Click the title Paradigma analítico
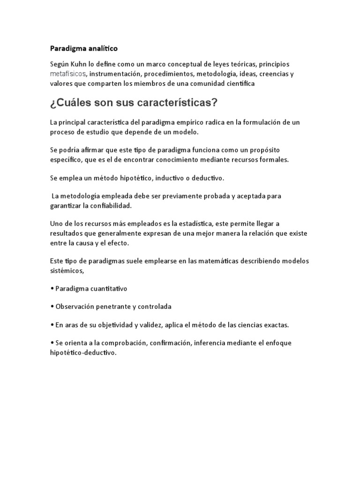point(84,48)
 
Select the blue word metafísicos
point(67,74)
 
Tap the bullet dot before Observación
point(52,307)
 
